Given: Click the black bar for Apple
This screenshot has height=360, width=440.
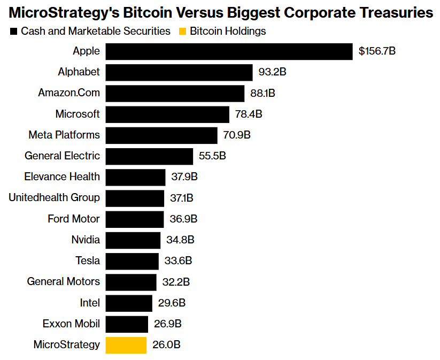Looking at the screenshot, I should coord(229,51).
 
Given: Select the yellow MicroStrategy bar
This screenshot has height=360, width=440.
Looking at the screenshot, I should coord(126,345).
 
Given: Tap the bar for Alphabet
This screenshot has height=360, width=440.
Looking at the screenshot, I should coord(179,72).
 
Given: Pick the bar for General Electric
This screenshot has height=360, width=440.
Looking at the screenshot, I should coord(149,156).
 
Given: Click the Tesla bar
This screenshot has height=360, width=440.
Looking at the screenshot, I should coord(132,261).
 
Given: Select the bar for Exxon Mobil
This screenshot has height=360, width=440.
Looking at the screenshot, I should coord(127,324).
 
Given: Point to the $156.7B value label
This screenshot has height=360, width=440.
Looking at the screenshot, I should coord(377,51).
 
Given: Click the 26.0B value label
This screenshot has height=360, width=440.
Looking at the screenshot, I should coord(166,345).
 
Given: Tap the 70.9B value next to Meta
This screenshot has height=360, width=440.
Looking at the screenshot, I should coord(236,135).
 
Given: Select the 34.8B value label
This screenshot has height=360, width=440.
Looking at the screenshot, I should coord(180,240).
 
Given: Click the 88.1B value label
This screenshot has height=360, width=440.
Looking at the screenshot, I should coord(263,93).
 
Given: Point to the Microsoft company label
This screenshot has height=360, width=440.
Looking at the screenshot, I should coord(78,114).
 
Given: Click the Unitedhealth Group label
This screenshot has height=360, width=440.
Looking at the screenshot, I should coord(54,198).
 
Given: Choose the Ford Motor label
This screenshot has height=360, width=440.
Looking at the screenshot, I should coord(74,219).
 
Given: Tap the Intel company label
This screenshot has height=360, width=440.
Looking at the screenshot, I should coord(90,303).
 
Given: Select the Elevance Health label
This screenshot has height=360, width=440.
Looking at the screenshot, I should coord(62,177).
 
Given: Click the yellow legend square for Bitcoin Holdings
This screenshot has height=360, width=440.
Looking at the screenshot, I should coord(182,32).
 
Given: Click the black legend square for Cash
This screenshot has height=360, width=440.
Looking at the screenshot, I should coord(13,32).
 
